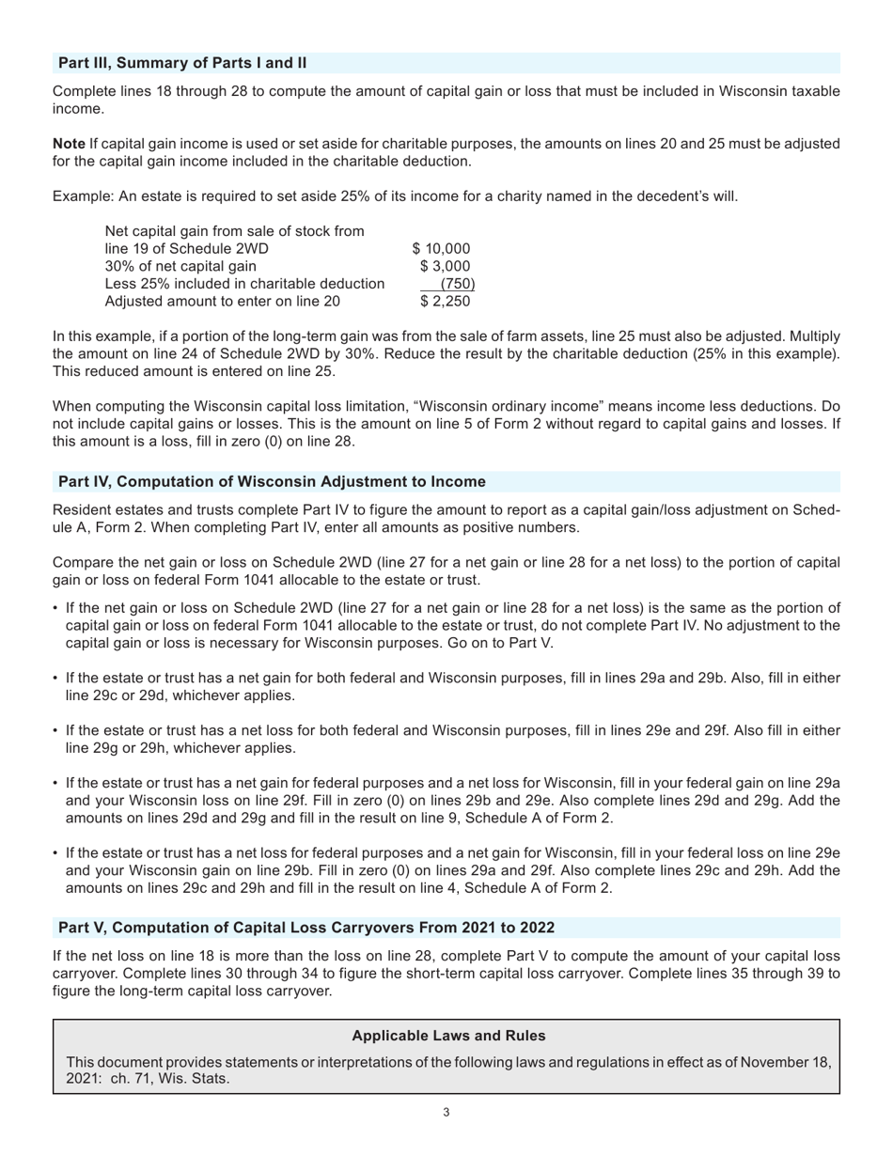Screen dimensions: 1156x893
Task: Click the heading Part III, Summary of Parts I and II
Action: point(182,63)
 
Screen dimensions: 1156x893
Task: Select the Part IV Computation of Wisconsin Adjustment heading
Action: point(272,482)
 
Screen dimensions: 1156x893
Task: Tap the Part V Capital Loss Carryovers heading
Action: point(306,928)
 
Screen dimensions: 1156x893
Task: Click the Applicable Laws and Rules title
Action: point(448,1036)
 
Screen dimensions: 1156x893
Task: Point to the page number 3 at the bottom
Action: point(446,1113)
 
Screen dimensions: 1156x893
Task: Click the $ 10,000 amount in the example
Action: point(441,249)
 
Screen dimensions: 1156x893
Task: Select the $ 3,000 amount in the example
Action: point(445,267)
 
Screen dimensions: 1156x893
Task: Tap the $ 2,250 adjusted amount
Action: point(445,302)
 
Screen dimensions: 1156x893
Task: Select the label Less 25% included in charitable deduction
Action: point(244,284)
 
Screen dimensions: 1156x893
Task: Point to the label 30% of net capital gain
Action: point(180,267)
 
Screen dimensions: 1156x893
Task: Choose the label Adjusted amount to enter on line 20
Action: point(223,302)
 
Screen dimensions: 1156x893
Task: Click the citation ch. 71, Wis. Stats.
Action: point(170,1079)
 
